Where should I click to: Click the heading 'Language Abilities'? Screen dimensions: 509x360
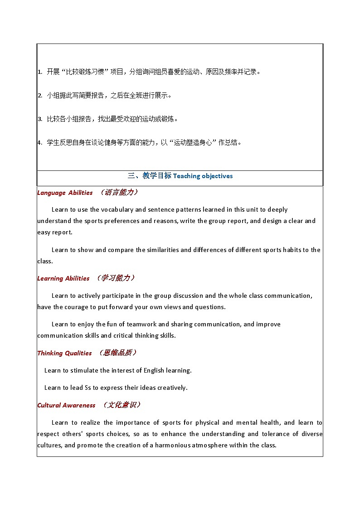(x=65, y=193)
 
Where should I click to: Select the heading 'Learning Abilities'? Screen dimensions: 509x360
(x=63, y=278)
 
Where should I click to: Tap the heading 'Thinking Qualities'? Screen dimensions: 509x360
(x=64, y=353)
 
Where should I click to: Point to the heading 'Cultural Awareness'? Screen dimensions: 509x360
(x=66, y=405)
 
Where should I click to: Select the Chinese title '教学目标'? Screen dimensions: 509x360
(x=157, y=176)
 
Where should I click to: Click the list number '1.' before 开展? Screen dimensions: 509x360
(x=40, y=72)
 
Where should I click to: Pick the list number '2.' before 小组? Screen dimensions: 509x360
(x=40, y=96)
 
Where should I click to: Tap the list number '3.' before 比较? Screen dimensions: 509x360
(x=40, y=119)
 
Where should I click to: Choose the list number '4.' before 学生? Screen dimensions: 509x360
(x=40, y=143)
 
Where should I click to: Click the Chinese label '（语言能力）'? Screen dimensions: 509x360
(x=119, y=192)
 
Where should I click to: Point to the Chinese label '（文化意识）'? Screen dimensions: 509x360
(x=122, y=405)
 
